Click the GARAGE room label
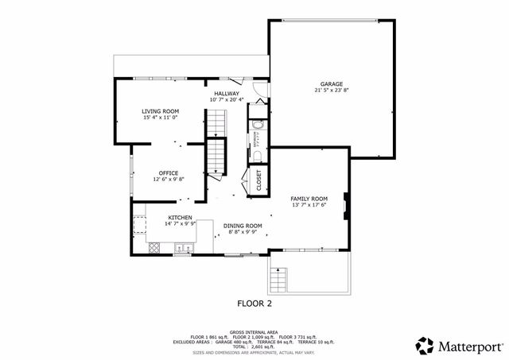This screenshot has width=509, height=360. [332, 83]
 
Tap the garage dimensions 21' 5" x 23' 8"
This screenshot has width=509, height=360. [332, 91]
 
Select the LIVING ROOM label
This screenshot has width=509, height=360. [161, 110]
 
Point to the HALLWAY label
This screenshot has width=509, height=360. [226, 93]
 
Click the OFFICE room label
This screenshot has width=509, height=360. [168, 172]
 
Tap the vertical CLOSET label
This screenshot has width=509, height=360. [258, 180]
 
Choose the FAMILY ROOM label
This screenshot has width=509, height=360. [309, 198]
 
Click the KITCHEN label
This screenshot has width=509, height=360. [179, 217]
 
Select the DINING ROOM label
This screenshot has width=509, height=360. [243, 225]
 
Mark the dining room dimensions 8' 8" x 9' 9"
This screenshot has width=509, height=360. [243, 232]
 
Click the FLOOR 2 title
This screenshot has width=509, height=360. [255, 303]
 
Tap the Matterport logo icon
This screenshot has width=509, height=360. [425, 345]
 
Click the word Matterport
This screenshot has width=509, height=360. [469, 346]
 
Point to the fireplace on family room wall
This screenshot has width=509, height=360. [345, 205]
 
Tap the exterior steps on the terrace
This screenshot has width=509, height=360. [278, 280]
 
